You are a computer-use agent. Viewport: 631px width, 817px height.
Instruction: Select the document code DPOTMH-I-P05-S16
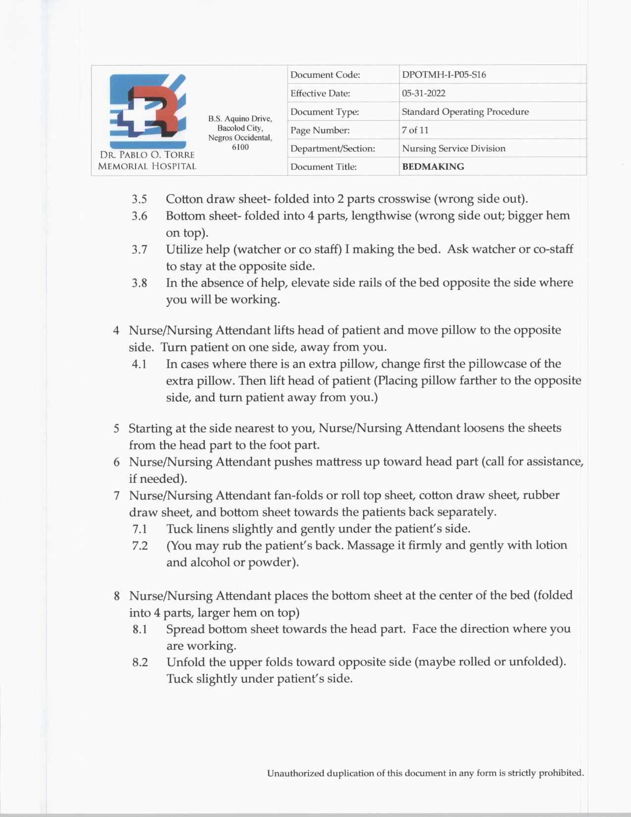tap(443, 75)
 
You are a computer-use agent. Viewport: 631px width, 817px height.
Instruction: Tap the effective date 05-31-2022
tap(423, 93)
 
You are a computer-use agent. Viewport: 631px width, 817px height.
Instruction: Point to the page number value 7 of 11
tap(415, 130)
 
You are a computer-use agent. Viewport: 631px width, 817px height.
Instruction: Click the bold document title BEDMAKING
tap(433, 167)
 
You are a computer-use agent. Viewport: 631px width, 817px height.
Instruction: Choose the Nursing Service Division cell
tap(453, 149)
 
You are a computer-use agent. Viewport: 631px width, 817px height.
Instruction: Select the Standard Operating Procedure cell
tap(465, 112)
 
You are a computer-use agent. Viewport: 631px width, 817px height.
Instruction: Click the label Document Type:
tap(324, 112)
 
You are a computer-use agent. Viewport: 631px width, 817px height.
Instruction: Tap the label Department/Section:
tap(333, 149)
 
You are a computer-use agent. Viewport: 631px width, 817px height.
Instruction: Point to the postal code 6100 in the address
tap(240, 147)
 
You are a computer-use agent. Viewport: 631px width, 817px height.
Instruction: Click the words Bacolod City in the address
tap(240, 128)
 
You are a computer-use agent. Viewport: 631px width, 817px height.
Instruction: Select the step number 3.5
tap(140, 199)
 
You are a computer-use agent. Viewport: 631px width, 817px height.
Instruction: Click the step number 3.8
tap(140, 283)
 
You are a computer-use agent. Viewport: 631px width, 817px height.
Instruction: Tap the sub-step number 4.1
tap(139, 364)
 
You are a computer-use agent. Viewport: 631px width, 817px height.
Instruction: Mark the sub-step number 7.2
tap(140, 546)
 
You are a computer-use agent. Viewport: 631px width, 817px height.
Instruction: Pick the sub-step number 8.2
tap(140, 663)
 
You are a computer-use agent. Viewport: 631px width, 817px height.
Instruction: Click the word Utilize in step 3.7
tap(184, 249)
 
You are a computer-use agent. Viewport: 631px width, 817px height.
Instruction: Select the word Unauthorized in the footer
tap(295, 773)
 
